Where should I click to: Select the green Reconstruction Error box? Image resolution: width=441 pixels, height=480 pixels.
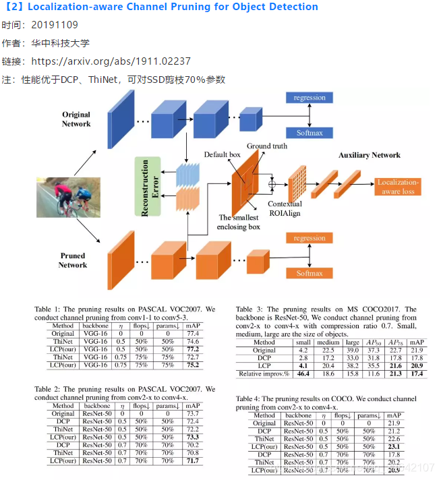click(148, 187)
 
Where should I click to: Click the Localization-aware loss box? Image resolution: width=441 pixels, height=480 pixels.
click(398, 186)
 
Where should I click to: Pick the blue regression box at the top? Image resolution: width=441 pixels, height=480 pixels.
click(309, 98)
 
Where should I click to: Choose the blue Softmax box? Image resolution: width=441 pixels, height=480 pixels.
click(309, 133)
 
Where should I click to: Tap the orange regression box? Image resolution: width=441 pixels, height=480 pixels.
click(309, 238)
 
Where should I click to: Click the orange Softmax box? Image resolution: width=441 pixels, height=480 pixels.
click(309, 273)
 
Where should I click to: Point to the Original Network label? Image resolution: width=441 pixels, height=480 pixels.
click(76, 119)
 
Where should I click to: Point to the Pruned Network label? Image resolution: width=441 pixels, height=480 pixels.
click(73, 260)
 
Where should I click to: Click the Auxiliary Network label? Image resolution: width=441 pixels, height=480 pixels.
click(369, 155)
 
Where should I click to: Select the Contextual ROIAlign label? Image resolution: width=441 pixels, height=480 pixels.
click(284, 208)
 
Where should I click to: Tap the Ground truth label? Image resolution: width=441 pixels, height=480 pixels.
click(267, 146)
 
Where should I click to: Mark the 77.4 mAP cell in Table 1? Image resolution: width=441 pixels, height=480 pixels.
click(193, 333)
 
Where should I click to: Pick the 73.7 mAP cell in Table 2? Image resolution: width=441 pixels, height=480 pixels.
click(193, 414)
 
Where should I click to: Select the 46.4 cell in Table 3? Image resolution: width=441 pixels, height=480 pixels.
click(303, 373)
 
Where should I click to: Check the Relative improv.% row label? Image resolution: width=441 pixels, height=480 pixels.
click(264, 373)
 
